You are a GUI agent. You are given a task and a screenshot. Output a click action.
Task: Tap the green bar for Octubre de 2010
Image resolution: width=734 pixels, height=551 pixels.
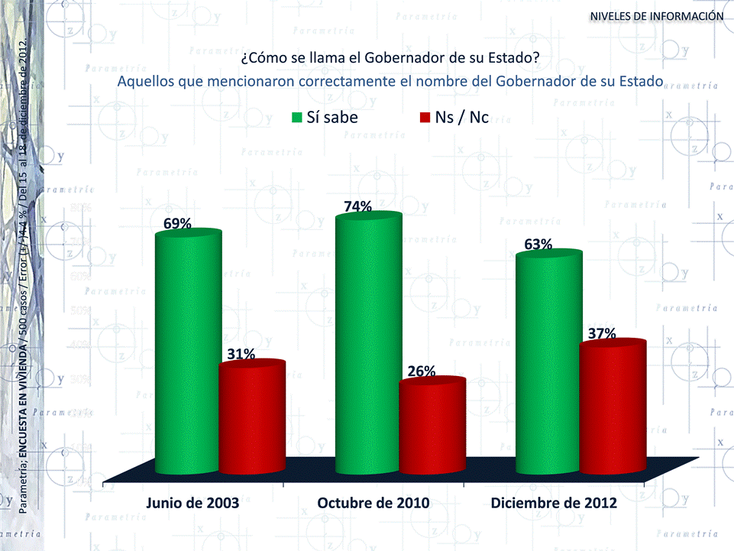coord(368,344)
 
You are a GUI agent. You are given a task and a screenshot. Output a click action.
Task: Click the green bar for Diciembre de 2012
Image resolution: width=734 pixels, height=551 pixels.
coord(548,363)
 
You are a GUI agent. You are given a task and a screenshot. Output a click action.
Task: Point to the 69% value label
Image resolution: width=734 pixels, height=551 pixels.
coord(177,223)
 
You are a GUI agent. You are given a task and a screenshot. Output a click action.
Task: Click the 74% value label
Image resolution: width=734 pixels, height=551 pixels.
coord(357,206)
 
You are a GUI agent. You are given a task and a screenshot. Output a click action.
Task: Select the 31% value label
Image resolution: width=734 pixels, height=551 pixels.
coord(241,353)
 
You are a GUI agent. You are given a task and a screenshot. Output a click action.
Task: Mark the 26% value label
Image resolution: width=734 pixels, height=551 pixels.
coord(422,371)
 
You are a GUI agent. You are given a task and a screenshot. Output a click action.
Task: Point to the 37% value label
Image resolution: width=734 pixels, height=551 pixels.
coord(602,334)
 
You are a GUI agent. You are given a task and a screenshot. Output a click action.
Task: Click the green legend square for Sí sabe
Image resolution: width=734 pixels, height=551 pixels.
coord(297,118)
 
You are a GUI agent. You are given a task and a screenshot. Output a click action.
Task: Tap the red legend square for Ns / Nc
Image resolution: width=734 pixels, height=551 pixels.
coord(425,118)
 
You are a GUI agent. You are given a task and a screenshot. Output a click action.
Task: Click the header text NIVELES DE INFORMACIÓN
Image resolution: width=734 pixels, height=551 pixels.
coord(656,15)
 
